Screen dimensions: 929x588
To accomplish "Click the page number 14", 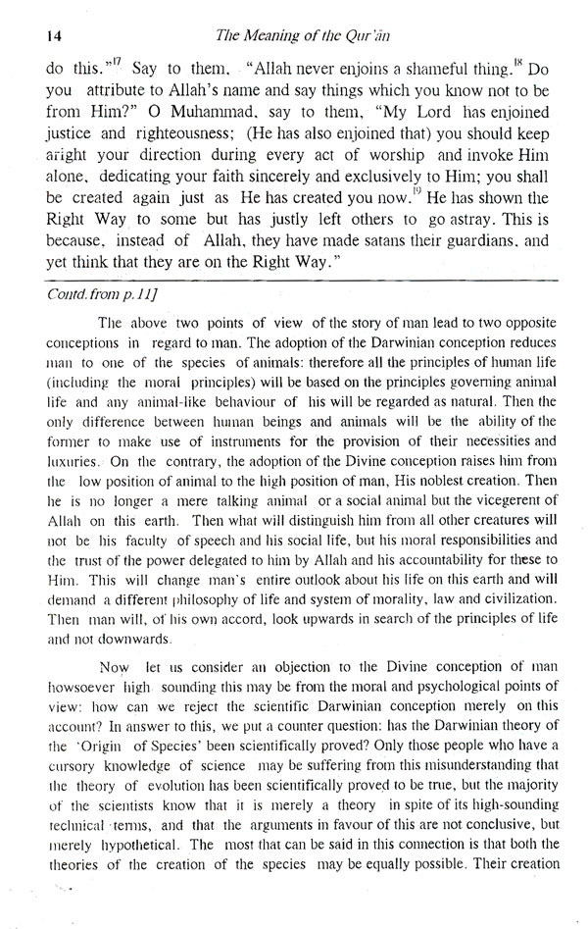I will click(x=27, y=36).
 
